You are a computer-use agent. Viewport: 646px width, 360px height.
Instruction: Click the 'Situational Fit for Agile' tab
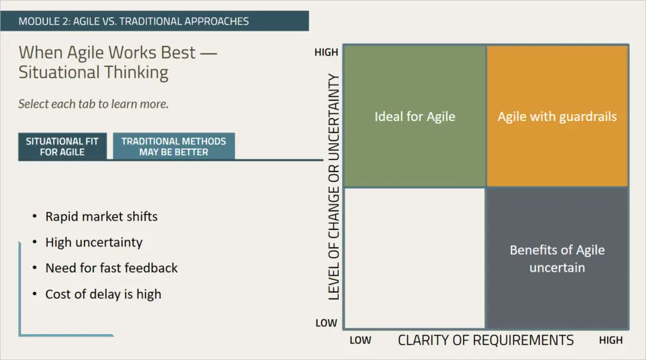[62, 146]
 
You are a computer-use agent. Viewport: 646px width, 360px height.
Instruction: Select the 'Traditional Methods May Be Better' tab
[174, 146]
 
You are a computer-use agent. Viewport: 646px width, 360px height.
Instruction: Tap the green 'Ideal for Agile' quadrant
[415, 116]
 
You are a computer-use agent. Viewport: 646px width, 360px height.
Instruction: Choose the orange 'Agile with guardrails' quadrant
[557, 116]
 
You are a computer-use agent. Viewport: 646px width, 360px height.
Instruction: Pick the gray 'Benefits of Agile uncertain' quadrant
[557, 258]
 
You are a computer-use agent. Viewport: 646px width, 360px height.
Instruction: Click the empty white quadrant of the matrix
[415, 258]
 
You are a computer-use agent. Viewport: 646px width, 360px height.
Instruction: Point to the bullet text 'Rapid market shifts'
[102, 217]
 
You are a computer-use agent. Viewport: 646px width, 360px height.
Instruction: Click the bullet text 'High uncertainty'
[94, 242]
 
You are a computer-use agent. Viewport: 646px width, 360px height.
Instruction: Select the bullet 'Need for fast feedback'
[111, 268]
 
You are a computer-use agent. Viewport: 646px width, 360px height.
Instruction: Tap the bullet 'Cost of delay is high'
[103, 294]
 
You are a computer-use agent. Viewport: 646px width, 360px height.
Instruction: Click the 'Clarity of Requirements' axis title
[486, 340]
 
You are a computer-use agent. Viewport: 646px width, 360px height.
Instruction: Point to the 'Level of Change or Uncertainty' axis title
[334, 187]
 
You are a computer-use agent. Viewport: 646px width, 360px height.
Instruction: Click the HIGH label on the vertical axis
[326, 52]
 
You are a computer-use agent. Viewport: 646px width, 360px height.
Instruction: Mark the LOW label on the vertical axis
[326, 323]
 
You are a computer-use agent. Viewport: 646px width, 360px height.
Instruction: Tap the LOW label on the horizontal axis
[360, 340]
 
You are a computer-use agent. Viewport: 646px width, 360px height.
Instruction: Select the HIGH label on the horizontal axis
[611, 340]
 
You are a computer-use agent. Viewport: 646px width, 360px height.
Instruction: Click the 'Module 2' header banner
[155, 21]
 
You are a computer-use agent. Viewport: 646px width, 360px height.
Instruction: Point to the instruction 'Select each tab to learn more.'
[93, 104]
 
